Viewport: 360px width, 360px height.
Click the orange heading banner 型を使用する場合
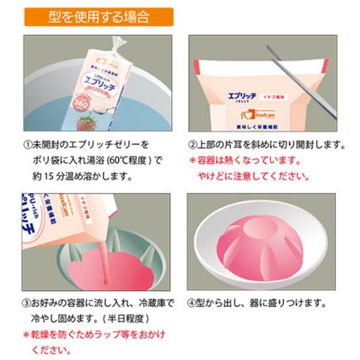(99, 16)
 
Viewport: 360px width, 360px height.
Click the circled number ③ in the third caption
(29, 304)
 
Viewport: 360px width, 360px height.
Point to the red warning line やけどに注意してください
(253, 176)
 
